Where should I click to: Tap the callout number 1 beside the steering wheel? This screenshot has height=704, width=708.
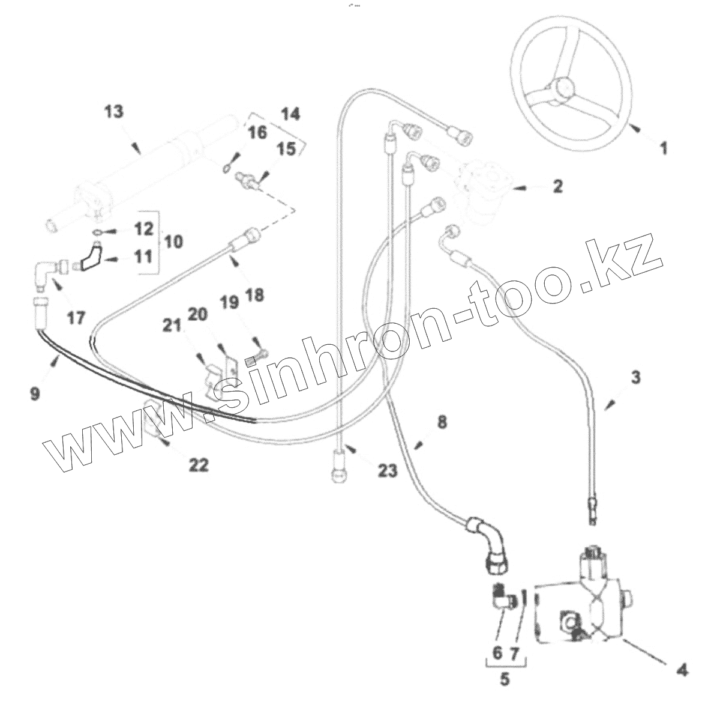pos(663,147)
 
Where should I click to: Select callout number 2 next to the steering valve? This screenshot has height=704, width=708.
pos(557,186)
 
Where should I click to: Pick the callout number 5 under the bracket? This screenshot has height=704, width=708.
pos(505,679)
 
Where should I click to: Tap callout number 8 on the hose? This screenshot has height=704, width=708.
pos(442,422)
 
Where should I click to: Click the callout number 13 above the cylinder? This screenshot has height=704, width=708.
pos(113,112)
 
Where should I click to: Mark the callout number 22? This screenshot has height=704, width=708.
pos(199,464)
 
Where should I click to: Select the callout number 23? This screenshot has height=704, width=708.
pos(387,470)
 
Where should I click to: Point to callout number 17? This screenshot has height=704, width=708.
pos(76,317)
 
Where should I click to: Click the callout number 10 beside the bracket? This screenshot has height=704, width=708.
pos(173,242)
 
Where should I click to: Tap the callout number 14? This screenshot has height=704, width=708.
pos(290,114)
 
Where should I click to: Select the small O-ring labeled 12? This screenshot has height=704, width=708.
pos(98,232)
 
